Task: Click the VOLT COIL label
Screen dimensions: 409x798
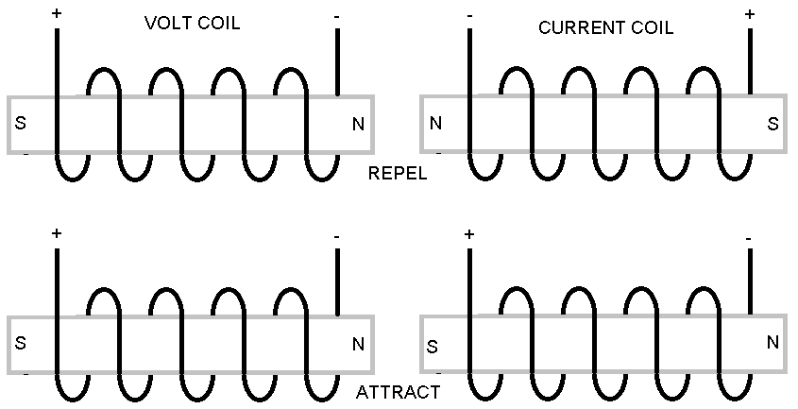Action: click(x=192, y=23)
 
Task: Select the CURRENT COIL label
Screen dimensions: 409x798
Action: click(x=605, y=28)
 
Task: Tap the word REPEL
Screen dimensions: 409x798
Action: click(x=397, y=174)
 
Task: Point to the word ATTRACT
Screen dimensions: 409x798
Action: click(x=397, y=392)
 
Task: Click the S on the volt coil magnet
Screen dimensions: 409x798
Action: click(x=21, y=124)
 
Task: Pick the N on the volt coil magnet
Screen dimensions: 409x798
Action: click(x=358, y=124)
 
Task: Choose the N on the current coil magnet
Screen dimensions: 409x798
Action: click(x=435, y=124)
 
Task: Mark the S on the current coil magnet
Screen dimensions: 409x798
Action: click(x=773, y=124)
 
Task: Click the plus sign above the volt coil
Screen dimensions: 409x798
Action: click(x=57, y=13)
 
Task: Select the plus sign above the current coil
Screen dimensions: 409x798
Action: click(x=751, y=13)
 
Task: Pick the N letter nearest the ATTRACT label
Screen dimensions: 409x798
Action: click(x=358, y=345)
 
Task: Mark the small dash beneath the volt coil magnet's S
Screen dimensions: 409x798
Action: click(x=25, y=154)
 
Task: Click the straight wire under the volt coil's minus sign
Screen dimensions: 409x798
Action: click(x=337, y=61)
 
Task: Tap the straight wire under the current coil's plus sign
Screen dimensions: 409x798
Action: click(x=751, y=61)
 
